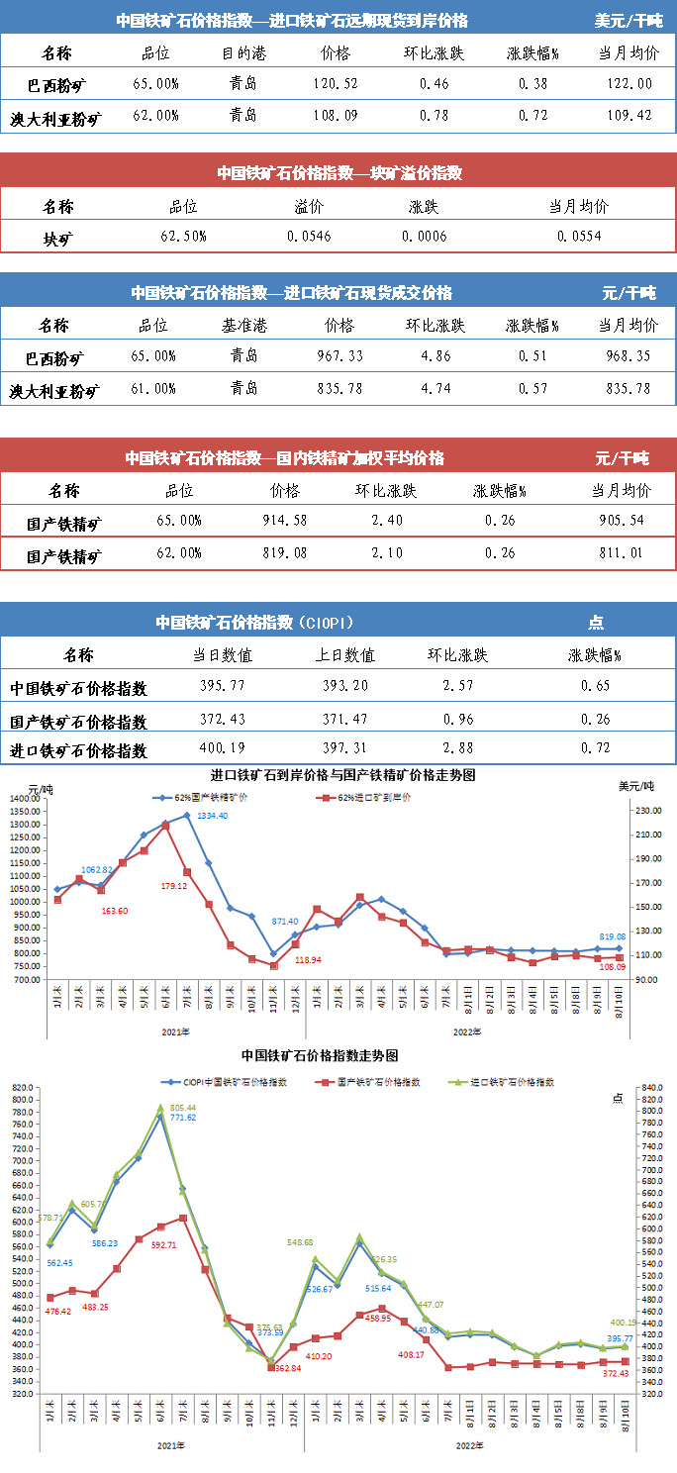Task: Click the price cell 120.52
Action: [x=337, y=84]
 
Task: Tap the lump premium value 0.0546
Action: [x=310, y=237]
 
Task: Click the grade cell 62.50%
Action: [x=183, y=237]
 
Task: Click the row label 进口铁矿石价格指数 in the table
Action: [x=78, y=751]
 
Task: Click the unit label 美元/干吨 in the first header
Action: [x=628, y=21]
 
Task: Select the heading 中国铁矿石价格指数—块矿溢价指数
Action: [x=339, y=173]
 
